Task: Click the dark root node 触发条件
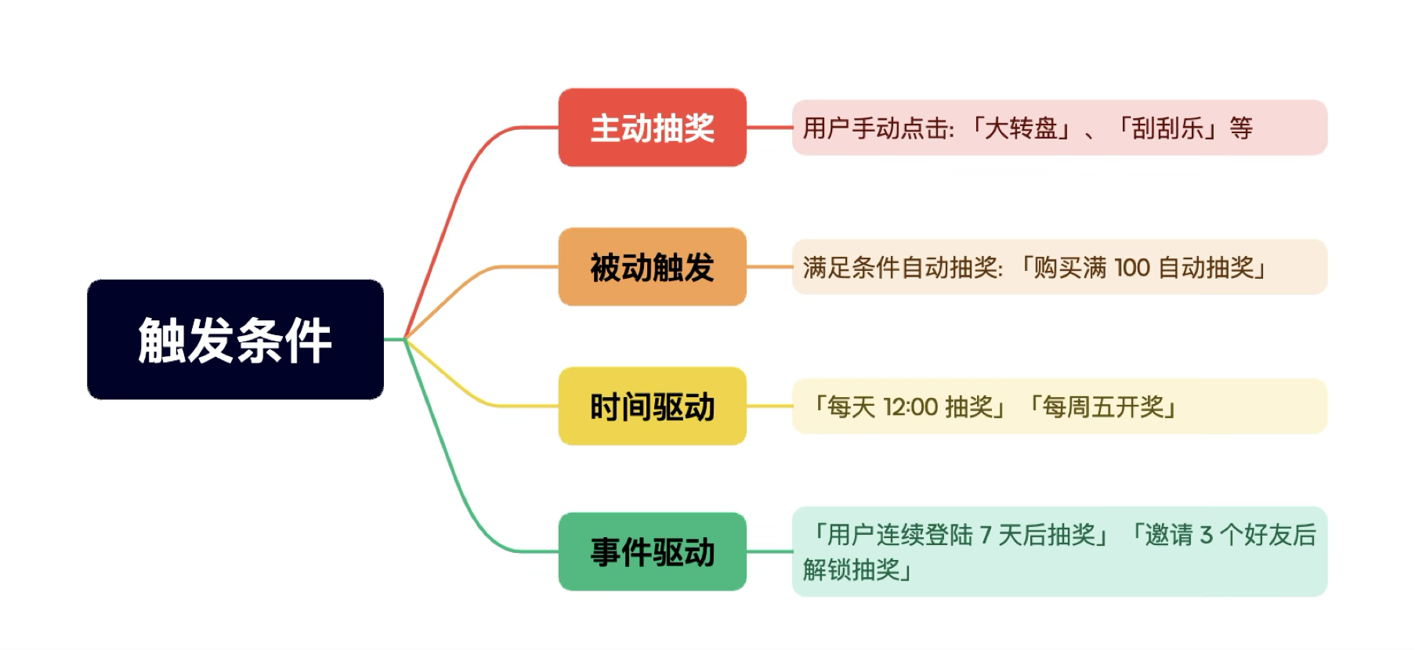[x=235, y=339]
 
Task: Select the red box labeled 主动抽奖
[x=652, y=128]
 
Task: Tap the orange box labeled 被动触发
[x=652, y=267]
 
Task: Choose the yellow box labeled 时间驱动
[x=652, y=406]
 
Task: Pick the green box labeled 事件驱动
[x=652, y=552]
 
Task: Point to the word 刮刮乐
[x=1167, y=128]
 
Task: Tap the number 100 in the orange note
[x=1131, y=268]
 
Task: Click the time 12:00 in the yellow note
[x=910, y=407]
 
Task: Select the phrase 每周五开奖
[x=1102, y=407]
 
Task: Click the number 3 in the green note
[x=1206, y=536]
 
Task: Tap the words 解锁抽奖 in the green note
[x=851, y=569]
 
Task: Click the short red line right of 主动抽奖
[x=769, y=127]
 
